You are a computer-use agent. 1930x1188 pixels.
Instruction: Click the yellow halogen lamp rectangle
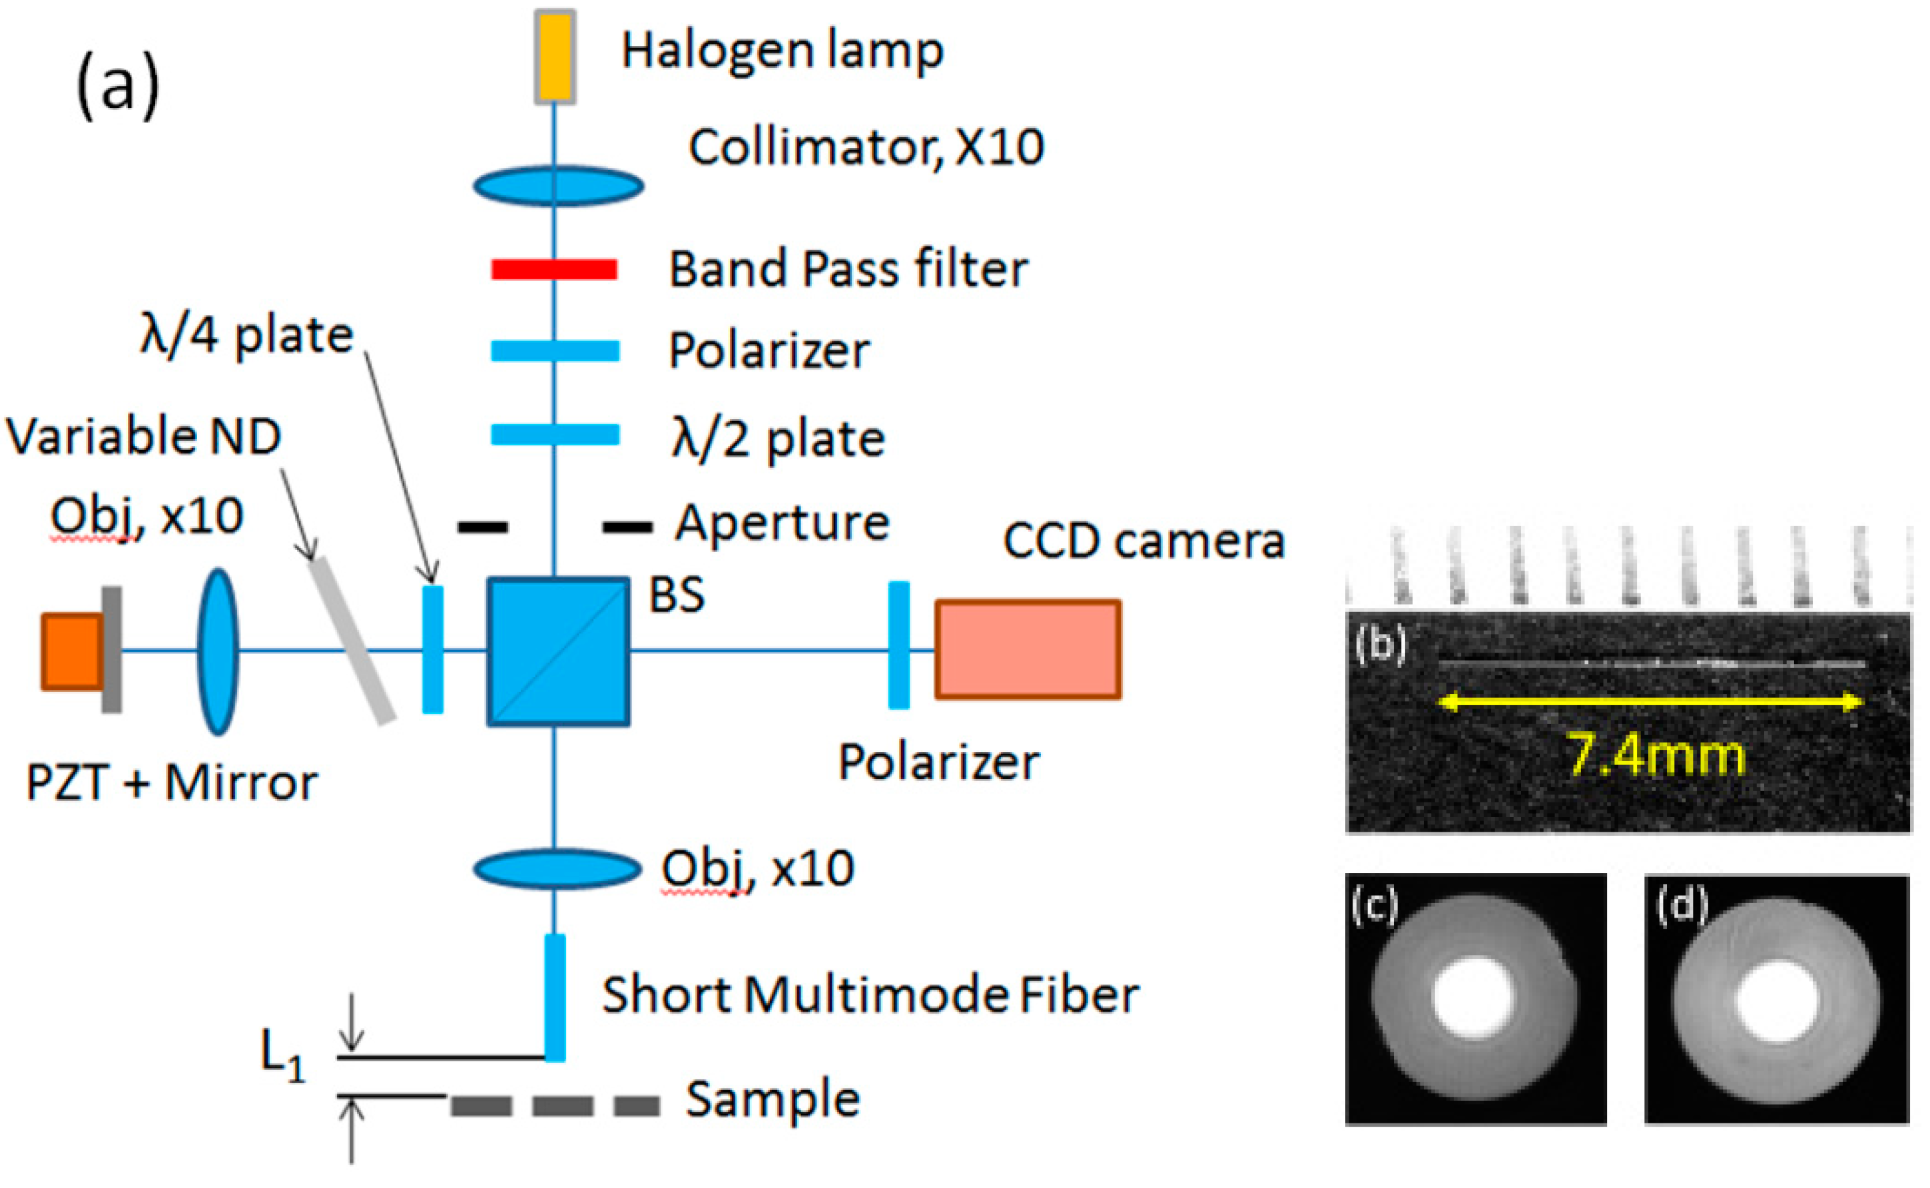pyautogui.click(x=555, y=57)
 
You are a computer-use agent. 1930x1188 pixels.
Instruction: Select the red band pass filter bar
pyautogui.click(x=554, y=270)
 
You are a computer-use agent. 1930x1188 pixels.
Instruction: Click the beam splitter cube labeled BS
pyautogui.click(x=558, y=651)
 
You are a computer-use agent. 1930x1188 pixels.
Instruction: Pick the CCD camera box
pyautogui.click(x=1027, y=649)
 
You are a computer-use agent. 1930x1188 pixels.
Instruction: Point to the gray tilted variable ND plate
pyautogui.click(x=350, y=641)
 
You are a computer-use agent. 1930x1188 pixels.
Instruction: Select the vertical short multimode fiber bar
pyautogui.click(x=555, y=997)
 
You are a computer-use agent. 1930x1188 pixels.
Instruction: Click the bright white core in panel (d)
pyautogui.click(x=1776, y=1002)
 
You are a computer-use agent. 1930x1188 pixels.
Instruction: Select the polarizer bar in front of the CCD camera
pyautogui.click(x=898, y=645)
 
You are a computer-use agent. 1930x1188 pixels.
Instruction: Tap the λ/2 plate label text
pyautogui.click(x=778, y=438)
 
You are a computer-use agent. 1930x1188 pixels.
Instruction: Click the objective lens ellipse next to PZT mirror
pyautogui.click(x=218, y=651)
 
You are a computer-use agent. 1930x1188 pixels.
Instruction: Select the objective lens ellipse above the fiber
pyautogui.click(x=557, y=869)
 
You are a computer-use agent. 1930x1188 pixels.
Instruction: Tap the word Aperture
pyautogui.click(x=782, y=523)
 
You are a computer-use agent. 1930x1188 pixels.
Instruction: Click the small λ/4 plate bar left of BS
pyautogui.click(x=433, y=649)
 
